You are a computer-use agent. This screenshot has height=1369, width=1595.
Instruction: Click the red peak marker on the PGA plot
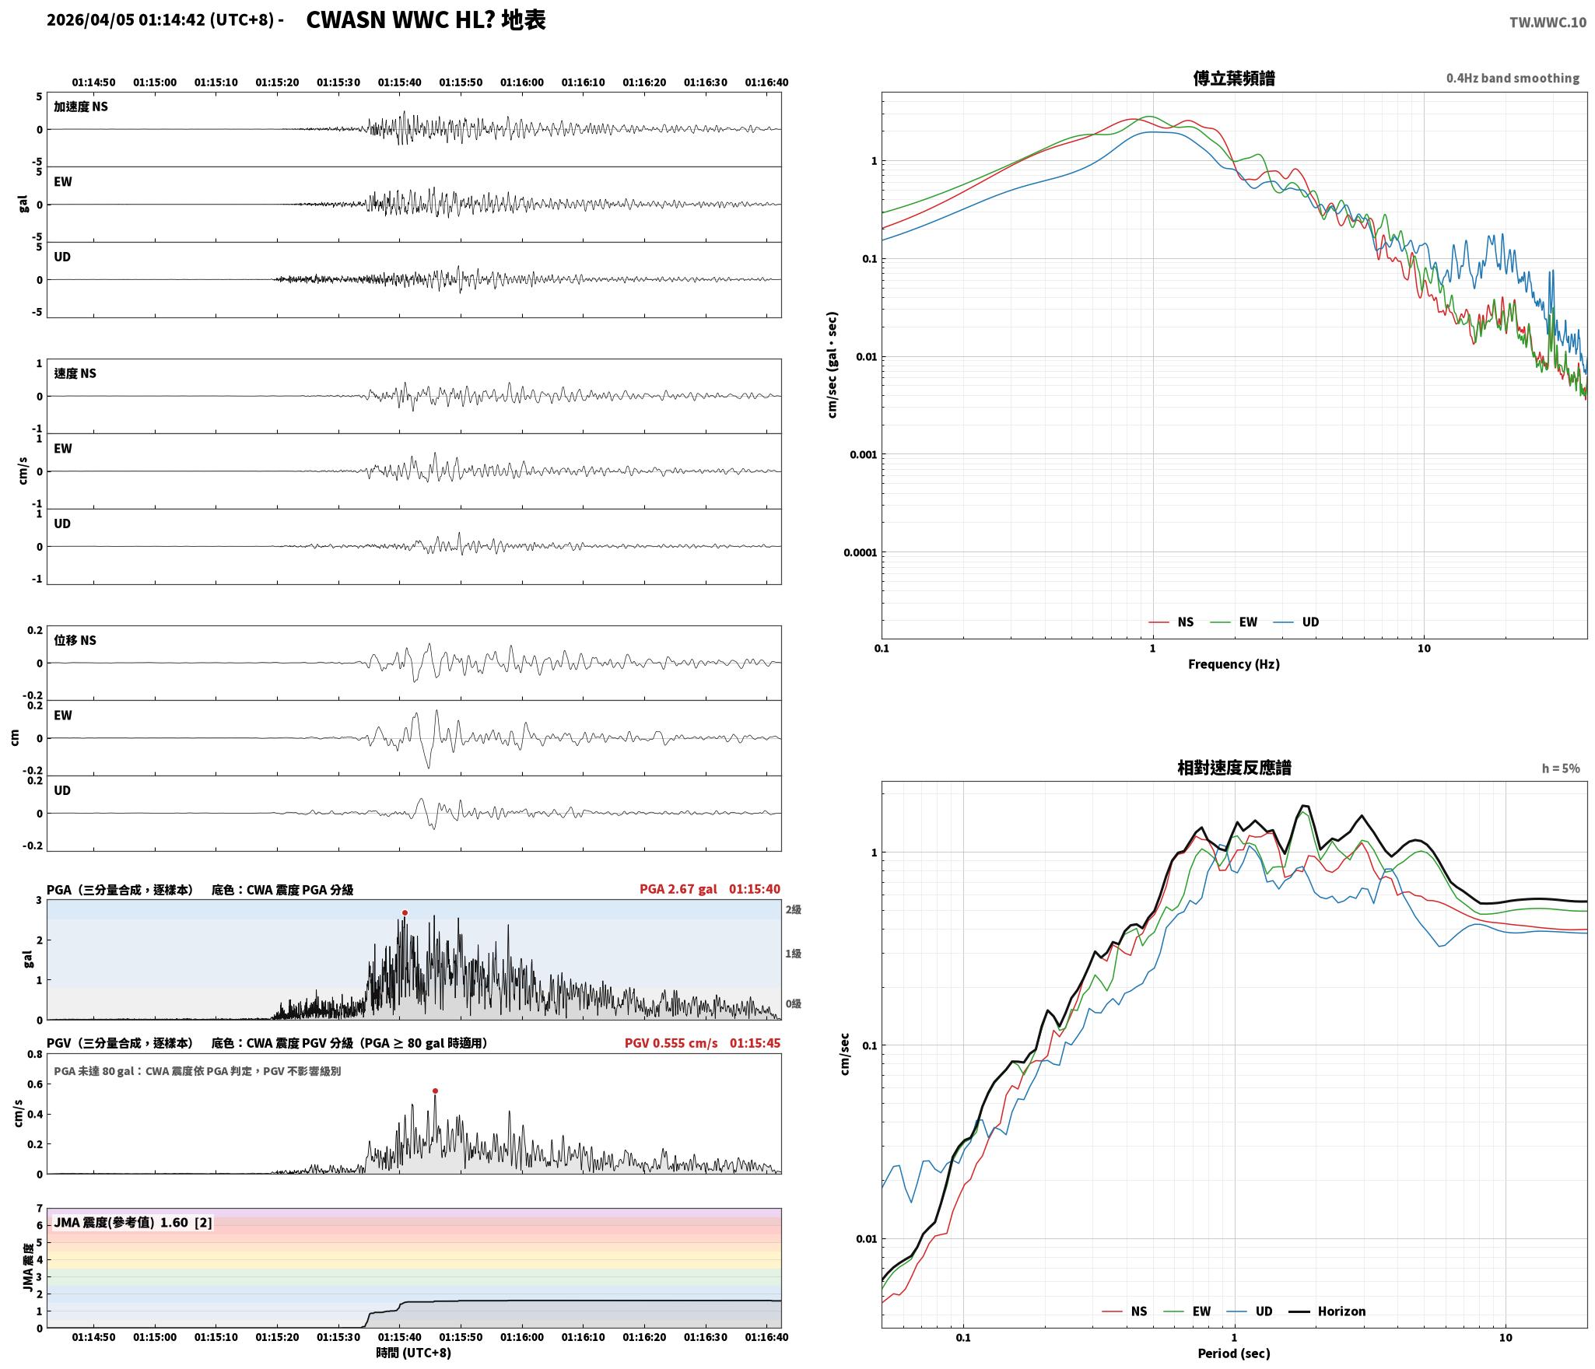pos(405,912)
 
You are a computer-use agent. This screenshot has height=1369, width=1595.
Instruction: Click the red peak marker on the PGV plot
pos(435,1091)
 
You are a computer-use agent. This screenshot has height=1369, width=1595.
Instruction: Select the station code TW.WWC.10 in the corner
pos(1548,22)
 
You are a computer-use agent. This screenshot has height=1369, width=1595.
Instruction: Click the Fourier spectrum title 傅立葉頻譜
pos(1234,78)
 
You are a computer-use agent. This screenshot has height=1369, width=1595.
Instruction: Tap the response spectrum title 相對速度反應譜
pos(1234,768)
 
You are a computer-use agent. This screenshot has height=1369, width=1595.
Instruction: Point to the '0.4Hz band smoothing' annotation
pos(1513,78)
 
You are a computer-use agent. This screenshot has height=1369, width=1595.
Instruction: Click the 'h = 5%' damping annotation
pos(1561,769)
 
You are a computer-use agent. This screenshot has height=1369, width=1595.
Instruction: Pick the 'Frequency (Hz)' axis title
pos(1233,663)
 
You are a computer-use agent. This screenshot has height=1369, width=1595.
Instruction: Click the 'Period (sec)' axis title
pos(1233,1353)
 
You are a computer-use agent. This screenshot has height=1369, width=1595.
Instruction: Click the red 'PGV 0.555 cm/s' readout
pos(671,1042)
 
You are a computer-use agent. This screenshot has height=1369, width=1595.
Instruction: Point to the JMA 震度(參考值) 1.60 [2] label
pos(132,1222)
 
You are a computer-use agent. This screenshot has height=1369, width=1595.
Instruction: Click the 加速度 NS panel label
pos(81,107)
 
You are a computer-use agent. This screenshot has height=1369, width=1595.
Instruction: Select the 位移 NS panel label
pos(75,640)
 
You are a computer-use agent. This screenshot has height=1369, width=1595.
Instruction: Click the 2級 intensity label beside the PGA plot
pos(793,909)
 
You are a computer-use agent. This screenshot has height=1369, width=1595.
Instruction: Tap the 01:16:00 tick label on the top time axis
pos(522,82)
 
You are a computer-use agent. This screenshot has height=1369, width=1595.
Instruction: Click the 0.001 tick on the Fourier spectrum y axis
pos(863,454)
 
